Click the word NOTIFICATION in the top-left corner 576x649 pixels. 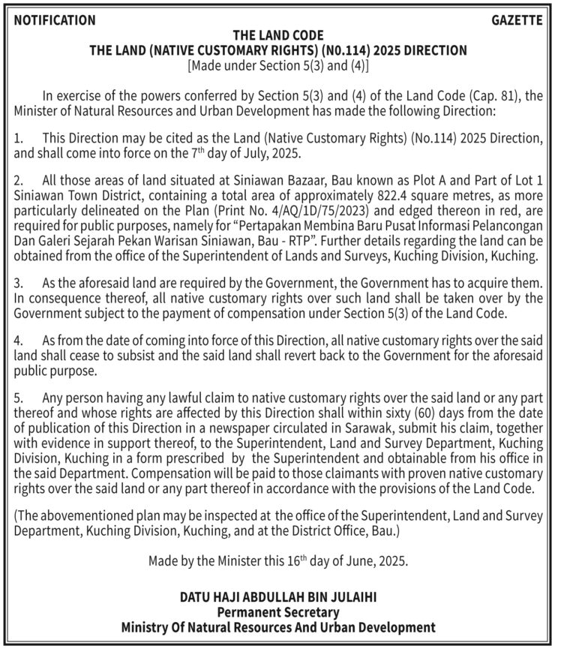pyautogui.click(x=55, y=21)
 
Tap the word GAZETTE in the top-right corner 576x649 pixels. pyautogui.click(x=517, y=21)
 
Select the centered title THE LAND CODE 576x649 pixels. pyautogui.click(x=278, y=35)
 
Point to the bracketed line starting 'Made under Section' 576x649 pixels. pyautogui.click(x=278, y=65)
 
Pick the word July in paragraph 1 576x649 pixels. pyautogui.click(x=253, y=155)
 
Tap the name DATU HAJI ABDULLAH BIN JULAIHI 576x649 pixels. pyautogui.click(x=278, y=598)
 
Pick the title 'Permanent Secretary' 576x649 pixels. pyautogui.click(x=278, y=612)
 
